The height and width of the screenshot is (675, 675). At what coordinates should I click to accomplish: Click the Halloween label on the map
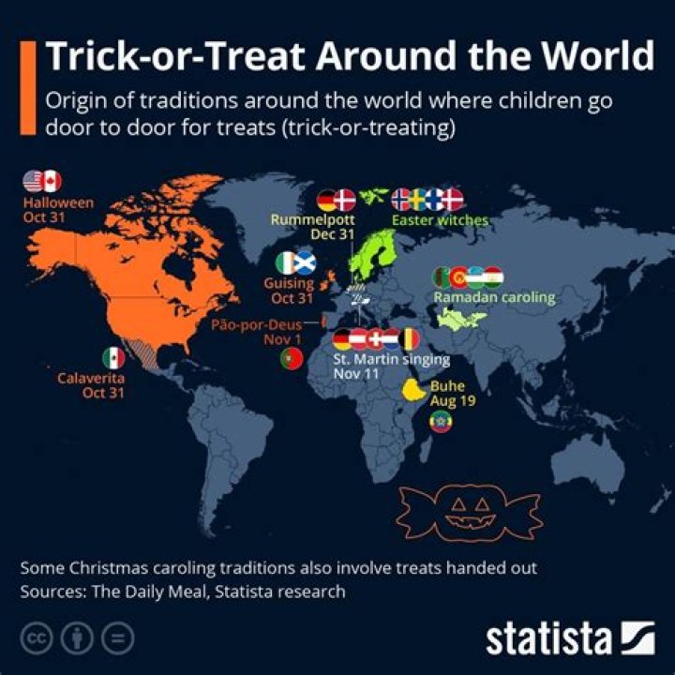click(x=58, y=202)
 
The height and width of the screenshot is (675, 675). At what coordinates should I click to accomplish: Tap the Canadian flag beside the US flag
click(x=52, y=181)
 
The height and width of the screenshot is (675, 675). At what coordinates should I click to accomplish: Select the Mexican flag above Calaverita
click(x=113, y=358)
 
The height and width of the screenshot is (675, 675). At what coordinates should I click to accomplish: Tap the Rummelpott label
click(x=313, y=219)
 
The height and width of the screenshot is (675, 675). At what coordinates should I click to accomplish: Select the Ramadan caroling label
click(x=494, y=297)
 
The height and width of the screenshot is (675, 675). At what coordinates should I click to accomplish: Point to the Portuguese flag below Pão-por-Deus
click(x=292, y=358)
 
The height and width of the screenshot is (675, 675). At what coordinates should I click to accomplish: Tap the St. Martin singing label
click(x=392, y=359)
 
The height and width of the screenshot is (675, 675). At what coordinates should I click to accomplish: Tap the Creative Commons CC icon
click(x=37, y=638)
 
